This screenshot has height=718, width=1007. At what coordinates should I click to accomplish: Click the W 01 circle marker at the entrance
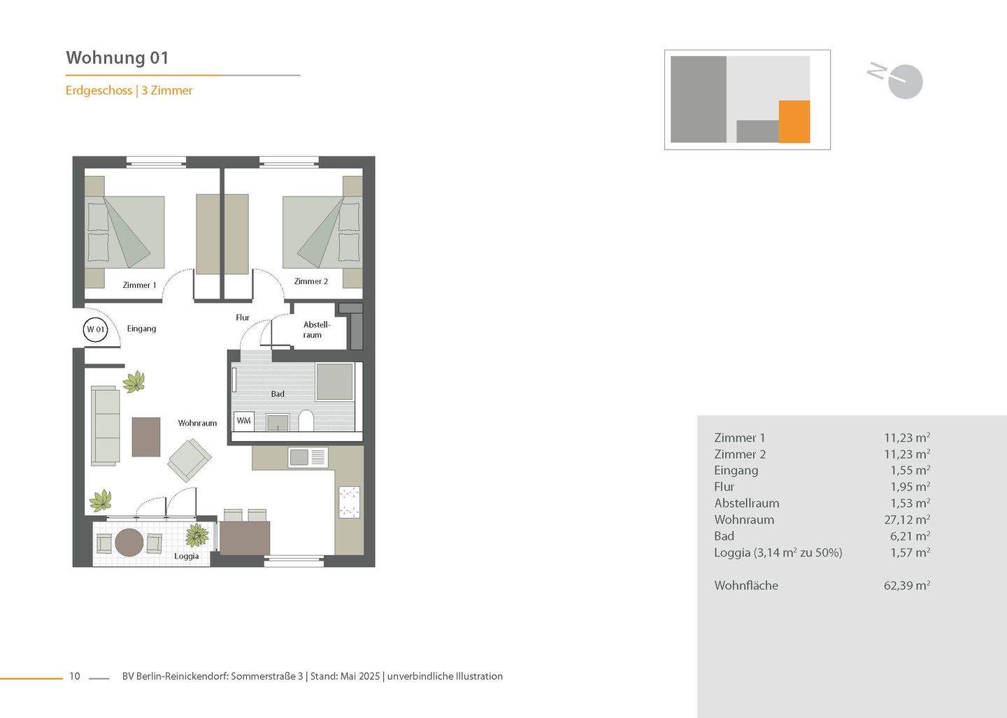coord(96,329)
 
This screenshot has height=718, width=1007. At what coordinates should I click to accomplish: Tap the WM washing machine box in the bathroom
coord(243,420)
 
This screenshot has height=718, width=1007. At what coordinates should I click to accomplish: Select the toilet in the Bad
coord(306,421)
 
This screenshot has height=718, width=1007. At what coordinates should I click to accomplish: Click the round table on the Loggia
coord(129,543)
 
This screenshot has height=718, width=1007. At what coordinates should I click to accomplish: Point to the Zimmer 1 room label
coord(139,285)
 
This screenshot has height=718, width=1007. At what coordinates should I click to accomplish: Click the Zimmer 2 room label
coord(310,281)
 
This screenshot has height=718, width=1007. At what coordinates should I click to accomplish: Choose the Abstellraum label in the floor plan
coord(316,329)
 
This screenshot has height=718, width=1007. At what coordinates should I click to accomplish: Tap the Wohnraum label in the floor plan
coord(197,423)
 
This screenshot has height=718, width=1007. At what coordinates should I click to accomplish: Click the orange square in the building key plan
coord(794,122)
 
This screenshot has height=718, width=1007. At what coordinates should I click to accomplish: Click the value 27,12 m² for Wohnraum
coord(906,519)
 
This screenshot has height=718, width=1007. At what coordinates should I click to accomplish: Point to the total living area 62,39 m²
coord(906,585)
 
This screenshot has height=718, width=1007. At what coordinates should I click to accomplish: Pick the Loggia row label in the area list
coord(778,552)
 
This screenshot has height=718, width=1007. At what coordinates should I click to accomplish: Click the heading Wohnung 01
coord(117,57)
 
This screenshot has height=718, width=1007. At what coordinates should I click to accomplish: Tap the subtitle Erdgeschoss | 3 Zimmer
coord(129,90)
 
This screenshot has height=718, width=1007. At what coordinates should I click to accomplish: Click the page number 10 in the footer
coord(75,676)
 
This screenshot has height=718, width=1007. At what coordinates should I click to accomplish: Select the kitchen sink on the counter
coord(299,457)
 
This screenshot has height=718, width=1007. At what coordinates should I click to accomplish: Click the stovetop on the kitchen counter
coord(349,502)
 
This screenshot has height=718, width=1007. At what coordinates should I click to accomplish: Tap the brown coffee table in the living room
coord(146,437)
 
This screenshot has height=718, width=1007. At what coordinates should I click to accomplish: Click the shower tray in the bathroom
coord(334,382)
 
